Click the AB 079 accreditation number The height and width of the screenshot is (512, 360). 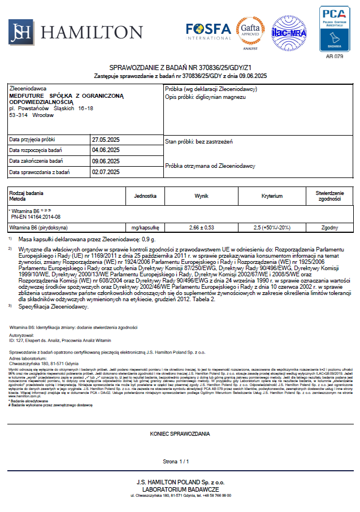(x=335, y=57)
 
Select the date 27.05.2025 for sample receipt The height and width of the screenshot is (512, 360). (x=106, y=139)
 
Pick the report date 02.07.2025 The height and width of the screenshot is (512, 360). (x=106, y=172)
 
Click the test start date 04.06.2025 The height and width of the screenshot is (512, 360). (x=106, y=150)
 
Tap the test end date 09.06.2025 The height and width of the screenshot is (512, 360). (x=106, y=161)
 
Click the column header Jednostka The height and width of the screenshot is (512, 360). (x=145, y=196)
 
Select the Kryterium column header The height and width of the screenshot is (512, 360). (x=272, y=196)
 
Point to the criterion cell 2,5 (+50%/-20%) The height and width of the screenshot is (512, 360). (x=272, y=227)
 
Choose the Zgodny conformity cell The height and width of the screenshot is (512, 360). (x=329, y=227)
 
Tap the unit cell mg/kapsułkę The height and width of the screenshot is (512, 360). (x=145, y=227)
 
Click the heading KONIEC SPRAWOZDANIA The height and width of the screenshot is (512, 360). (x=180, y=433)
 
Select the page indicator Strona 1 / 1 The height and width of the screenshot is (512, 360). (x=180, y=462)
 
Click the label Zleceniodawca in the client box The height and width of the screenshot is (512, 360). (x=28, y=89)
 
